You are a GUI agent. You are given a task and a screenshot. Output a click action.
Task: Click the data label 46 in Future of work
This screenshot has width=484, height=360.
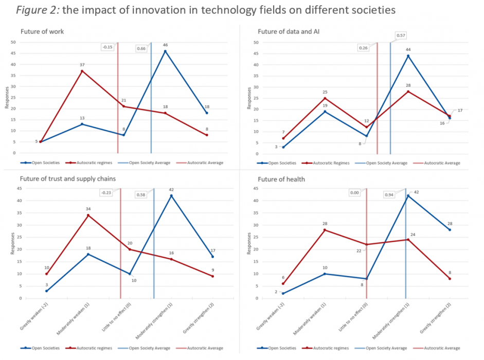tap(165, 45)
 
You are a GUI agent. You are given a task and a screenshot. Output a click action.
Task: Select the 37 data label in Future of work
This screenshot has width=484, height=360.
tap(82, 65)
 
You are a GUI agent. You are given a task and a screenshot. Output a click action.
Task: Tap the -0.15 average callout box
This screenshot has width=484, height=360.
tap(107, 47)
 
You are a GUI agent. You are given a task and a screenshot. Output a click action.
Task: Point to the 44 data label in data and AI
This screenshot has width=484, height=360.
tap(408, 50)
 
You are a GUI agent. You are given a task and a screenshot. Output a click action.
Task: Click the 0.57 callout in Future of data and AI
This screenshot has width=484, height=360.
tap(401, 35)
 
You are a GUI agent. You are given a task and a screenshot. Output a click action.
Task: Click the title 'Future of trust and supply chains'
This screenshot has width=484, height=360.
tap(68, 179)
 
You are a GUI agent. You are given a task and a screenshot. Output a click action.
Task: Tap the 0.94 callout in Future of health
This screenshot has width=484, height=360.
tap(392, 194)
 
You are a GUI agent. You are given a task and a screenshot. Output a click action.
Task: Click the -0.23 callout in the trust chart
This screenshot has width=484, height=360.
tap(106, 193)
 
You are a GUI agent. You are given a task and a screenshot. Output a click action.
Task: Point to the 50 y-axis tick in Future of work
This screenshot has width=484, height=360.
tap(13, 42)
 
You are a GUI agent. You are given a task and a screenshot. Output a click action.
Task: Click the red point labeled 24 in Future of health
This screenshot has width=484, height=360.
tap(408, 239)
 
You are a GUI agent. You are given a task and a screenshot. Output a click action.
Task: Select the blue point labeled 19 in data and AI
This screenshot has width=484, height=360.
tap(325, 111)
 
